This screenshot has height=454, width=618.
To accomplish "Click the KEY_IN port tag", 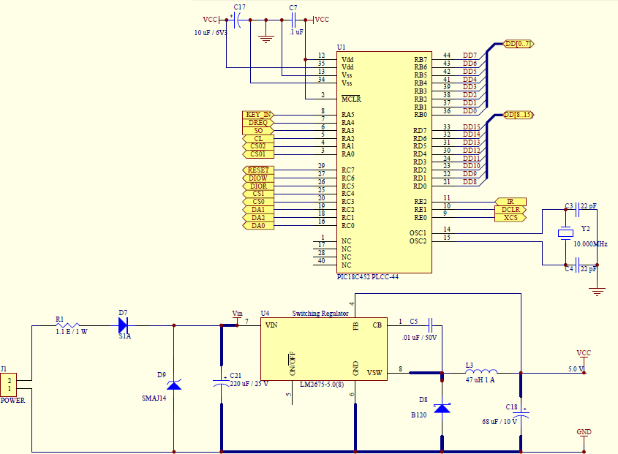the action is (258, 115).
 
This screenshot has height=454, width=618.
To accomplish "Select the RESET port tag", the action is (258, 170).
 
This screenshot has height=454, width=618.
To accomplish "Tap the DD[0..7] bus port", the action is (519, 44).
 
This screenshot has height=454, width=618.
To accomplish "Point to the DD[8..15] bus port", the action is (519, 115).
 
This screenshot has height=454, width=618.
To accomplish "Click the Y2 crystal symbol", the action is (565, 233).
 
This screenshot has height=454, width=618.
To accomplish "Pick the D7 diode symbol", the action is (124, 325).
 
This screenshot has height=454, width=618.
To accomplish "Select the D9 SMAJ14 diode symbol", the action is (174, 385).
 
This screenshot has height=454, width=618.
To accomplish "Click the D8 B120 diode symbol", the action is (442, 408).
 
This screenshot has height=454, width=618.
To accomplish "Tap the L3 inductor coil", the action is (481, 371).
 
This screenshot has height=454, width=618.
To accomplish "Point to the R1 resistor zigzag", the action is (68, 325).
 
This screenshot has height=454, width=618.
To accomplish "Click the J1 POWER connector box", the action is (8, 385).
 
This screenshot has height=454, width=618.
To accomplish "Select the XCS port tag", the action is (510, 218).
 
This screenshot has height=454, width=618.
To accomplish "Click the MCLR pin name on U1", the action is (351, 99).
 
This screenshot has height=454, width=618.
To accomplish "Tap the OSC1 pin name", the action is (418, 233).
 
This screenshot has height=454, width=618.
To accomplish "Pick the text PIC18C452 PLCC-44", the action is (368, 277).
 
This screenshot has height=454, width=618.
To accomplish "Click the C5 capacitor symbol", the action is (430, 325).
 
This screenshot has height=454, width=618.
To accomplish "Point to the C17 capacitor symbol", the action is (237, 20).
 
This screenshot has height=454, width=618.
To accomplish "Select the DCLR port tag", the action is (510, 210).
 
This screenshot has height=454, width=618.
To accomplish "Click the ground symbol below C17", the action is (266, 39).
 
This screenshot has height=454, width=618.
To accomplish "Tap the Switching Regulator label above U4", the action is (320, 314).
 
